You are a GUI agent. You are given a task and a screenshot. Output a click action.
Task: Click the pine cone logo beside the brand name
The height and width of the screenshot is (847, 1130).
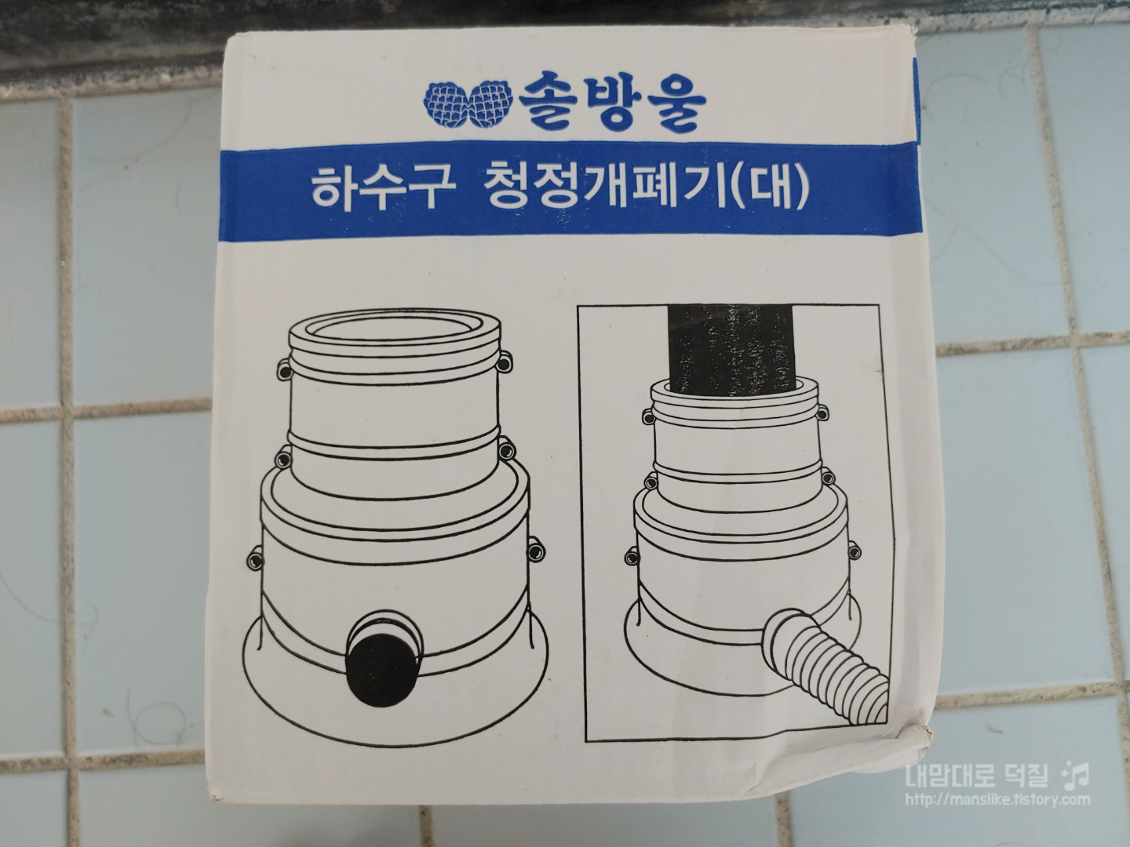(468, 104)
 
